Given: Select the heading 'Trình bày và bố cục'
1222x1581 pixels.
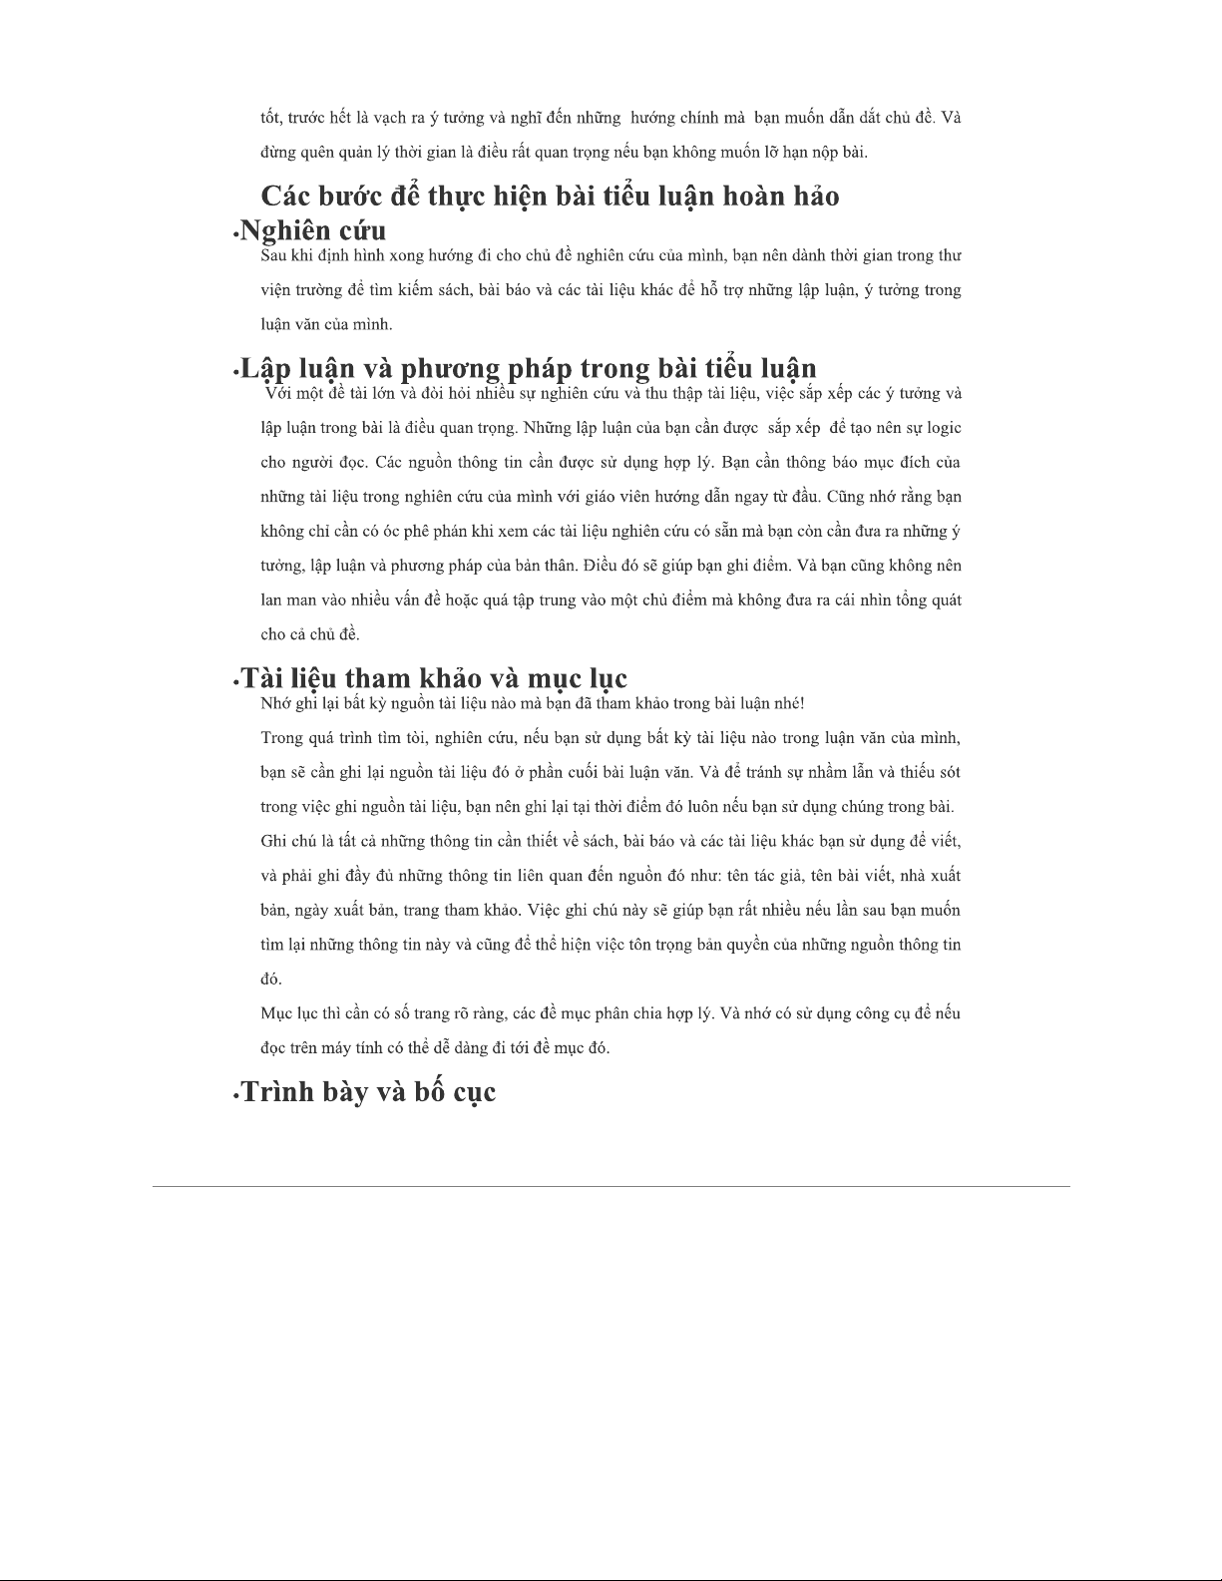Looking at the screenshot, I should (x=368, y=1092).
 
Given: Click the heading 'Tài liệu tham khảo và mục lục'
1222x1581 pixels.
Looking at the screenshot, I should (x=434, y=678).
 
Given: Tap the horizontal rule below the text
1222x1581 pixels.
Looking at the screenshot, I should (x=611, y=1186).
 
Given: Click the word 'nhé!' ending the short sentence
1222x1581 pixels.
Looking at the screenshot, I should (x=787, y=703).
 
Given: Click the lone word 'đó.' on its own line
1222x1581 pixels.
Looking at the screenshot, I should (x=271, y=979).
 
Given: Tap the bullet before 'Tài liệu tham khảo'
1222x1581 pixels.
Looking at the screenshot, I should (x=235, y=683).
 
